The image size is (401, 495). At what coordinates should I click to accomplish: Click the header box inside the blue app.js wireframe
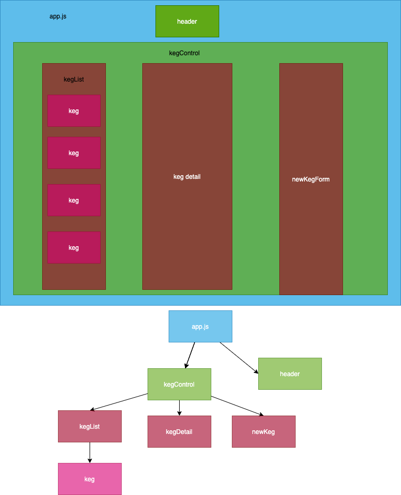pos(187,21)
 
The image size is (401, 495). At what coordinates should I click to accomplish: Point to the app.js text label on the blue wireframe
pos(58,16)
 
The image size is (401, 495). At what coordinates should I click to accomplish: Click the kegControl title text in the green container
pos(184,53)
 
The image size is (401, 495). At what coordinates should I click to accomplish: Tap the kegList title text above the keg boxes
pos(74,79)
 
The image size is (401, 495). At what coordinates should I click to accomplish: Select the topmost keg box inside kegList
pos(74,110)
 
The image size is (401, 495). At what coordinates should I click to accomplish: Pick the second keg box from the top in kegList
pos(74,153)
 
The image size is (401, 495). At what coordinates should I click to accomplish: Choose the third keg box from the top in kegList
pos(74,200)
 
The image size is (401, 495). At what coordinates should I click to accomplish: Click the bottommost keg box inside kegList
pos(74,247)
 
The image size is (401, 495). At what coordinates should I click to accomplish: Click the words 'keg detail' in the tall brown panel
pos(187,177)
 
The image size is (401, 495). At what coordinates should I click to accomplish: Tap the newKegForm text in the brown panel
pos(311,179)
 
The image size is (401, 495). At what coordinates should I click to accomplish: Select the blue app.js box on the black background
pos(200,326)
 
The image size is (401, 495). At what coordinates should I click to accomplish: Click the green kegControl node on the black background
pos(179,384)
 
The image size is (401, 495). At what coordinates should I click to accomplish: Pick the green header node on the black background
pos(290,373)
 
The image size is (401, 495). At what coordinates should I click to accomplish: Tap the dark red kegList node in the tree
pos(90,426)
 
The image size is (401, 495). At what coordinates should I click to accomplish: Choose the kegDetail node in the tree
pos(179,431)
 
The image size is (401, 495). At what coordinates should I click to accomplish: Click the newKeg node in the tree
pos(263,431)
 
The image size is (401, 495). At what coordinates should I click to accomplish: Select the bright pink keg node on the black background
pos(90,479)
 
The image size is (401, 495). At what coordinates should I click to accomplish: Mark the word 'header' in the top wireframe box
pos(187,22)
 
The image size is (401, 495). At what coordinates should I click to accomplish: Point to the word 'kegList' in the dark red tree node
pos(90,427)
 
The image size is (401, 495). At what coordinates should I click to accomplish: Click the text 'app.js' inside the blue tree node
pos(200,327)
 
